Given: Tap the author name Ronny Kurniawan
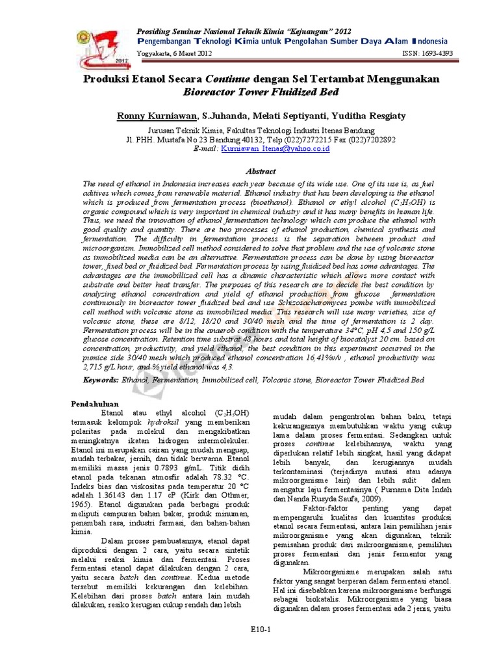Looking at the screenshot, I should click(156, 116).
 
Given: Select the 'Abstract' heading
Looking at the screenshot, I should click(260, 171).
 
